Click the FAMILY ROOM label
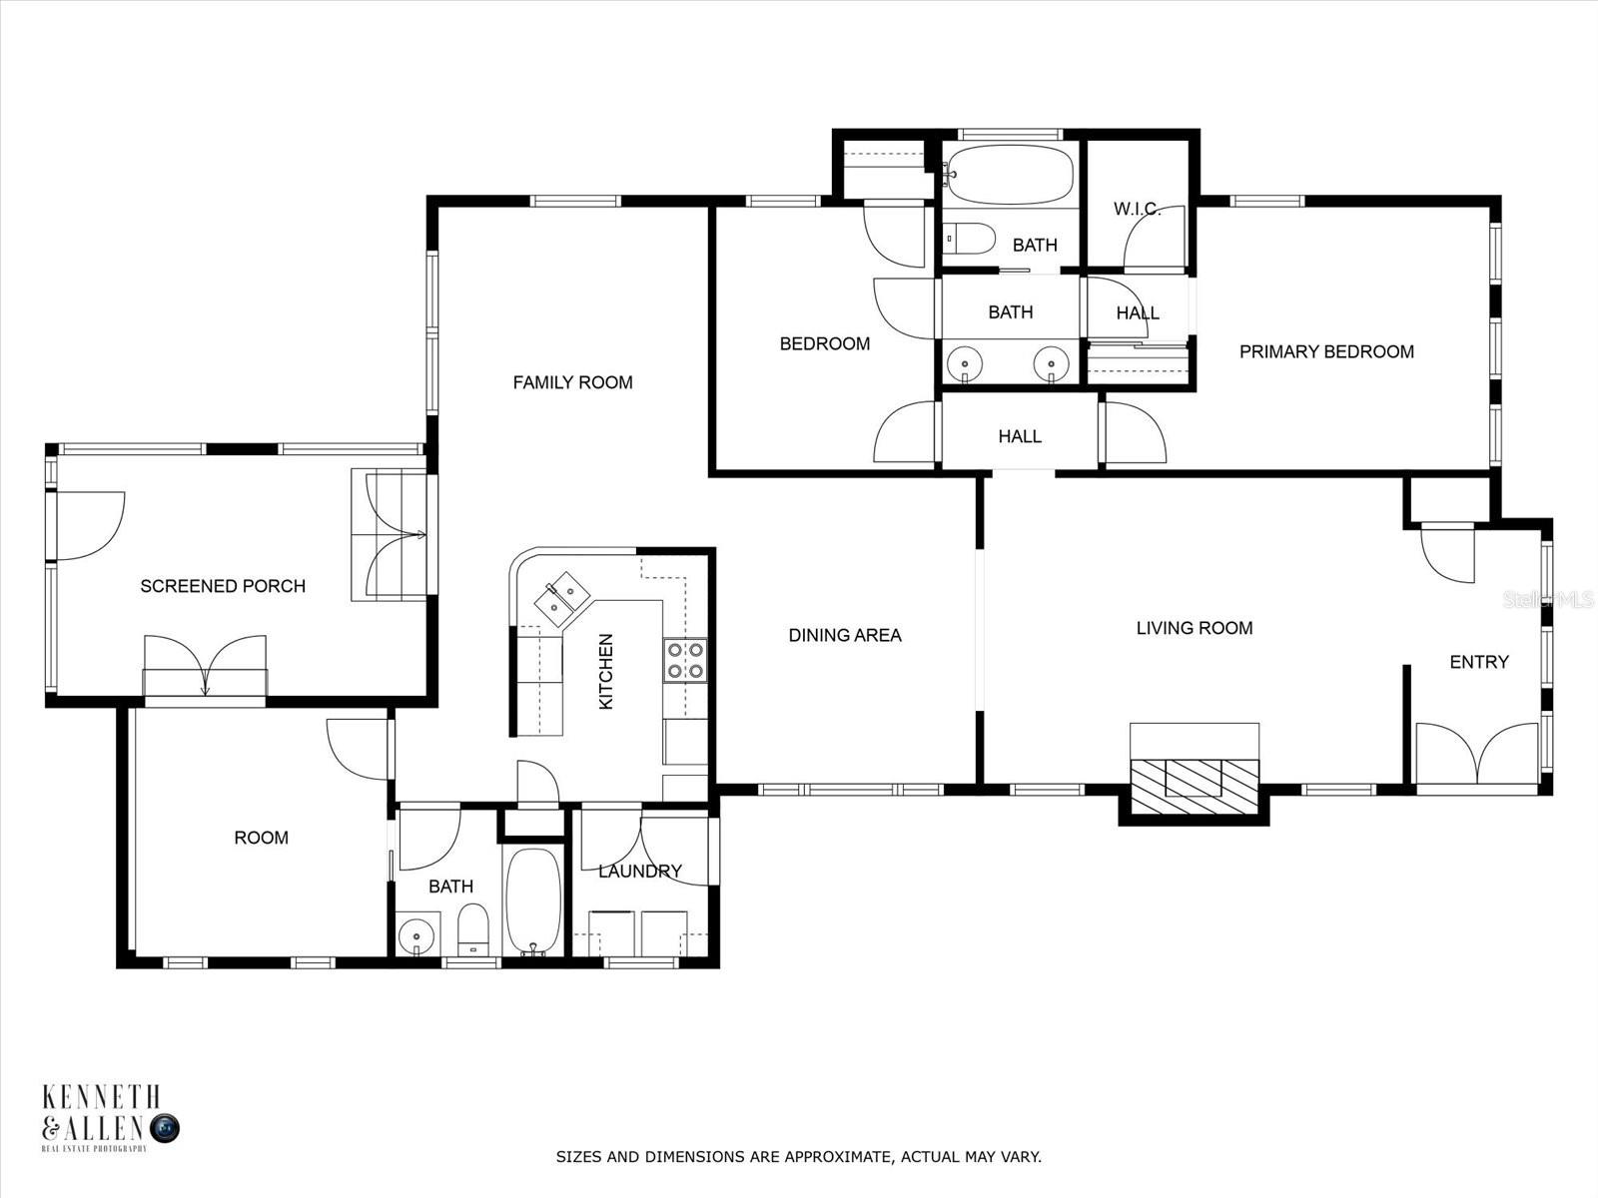click(x=572, y=382)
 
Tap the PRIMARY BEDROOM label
click(x=1326, y=351)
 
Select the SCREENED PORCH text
click(x=223, y=586)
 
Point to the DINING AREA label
click(x=845, y=635)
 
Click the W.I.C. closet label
click(x=1137, y=209)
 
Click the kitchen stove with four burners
click(x=685, y=661)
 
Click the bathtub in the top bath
click(x=1010, y=176)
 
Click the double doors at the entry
click(x=1477, y=756)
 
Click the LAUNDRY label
click(x=640, y=872)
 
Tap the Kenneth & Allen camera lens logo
click(x=165, y=1129)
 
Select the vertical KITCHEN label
click(x=605, y=671)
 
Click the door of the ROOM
click(x=354, y=749)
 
